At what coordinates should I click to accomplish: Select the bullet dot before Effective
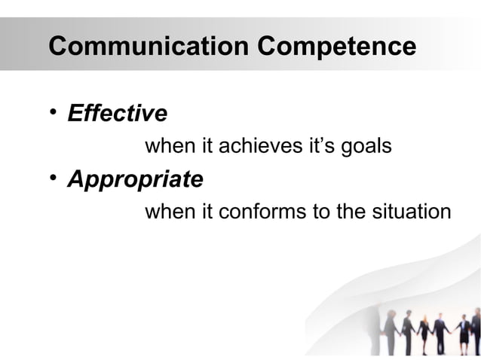tap(53, 112)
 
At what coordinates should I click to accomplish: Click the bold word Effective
tap(117, 114)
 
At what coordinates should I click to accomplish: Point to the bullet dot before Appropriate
tap(53, 178)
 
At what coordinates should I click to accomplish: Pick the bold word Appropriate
tap(135, 180)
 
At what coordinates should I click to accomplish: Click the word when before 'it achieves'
tap(170, 145)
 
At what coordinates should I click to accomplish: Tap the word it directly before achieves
tap(206, 145)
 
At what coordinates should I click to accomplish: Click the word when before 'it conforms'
tap(170, 212)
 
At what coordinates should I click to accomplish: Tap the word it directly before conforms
tap(206, 212)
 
